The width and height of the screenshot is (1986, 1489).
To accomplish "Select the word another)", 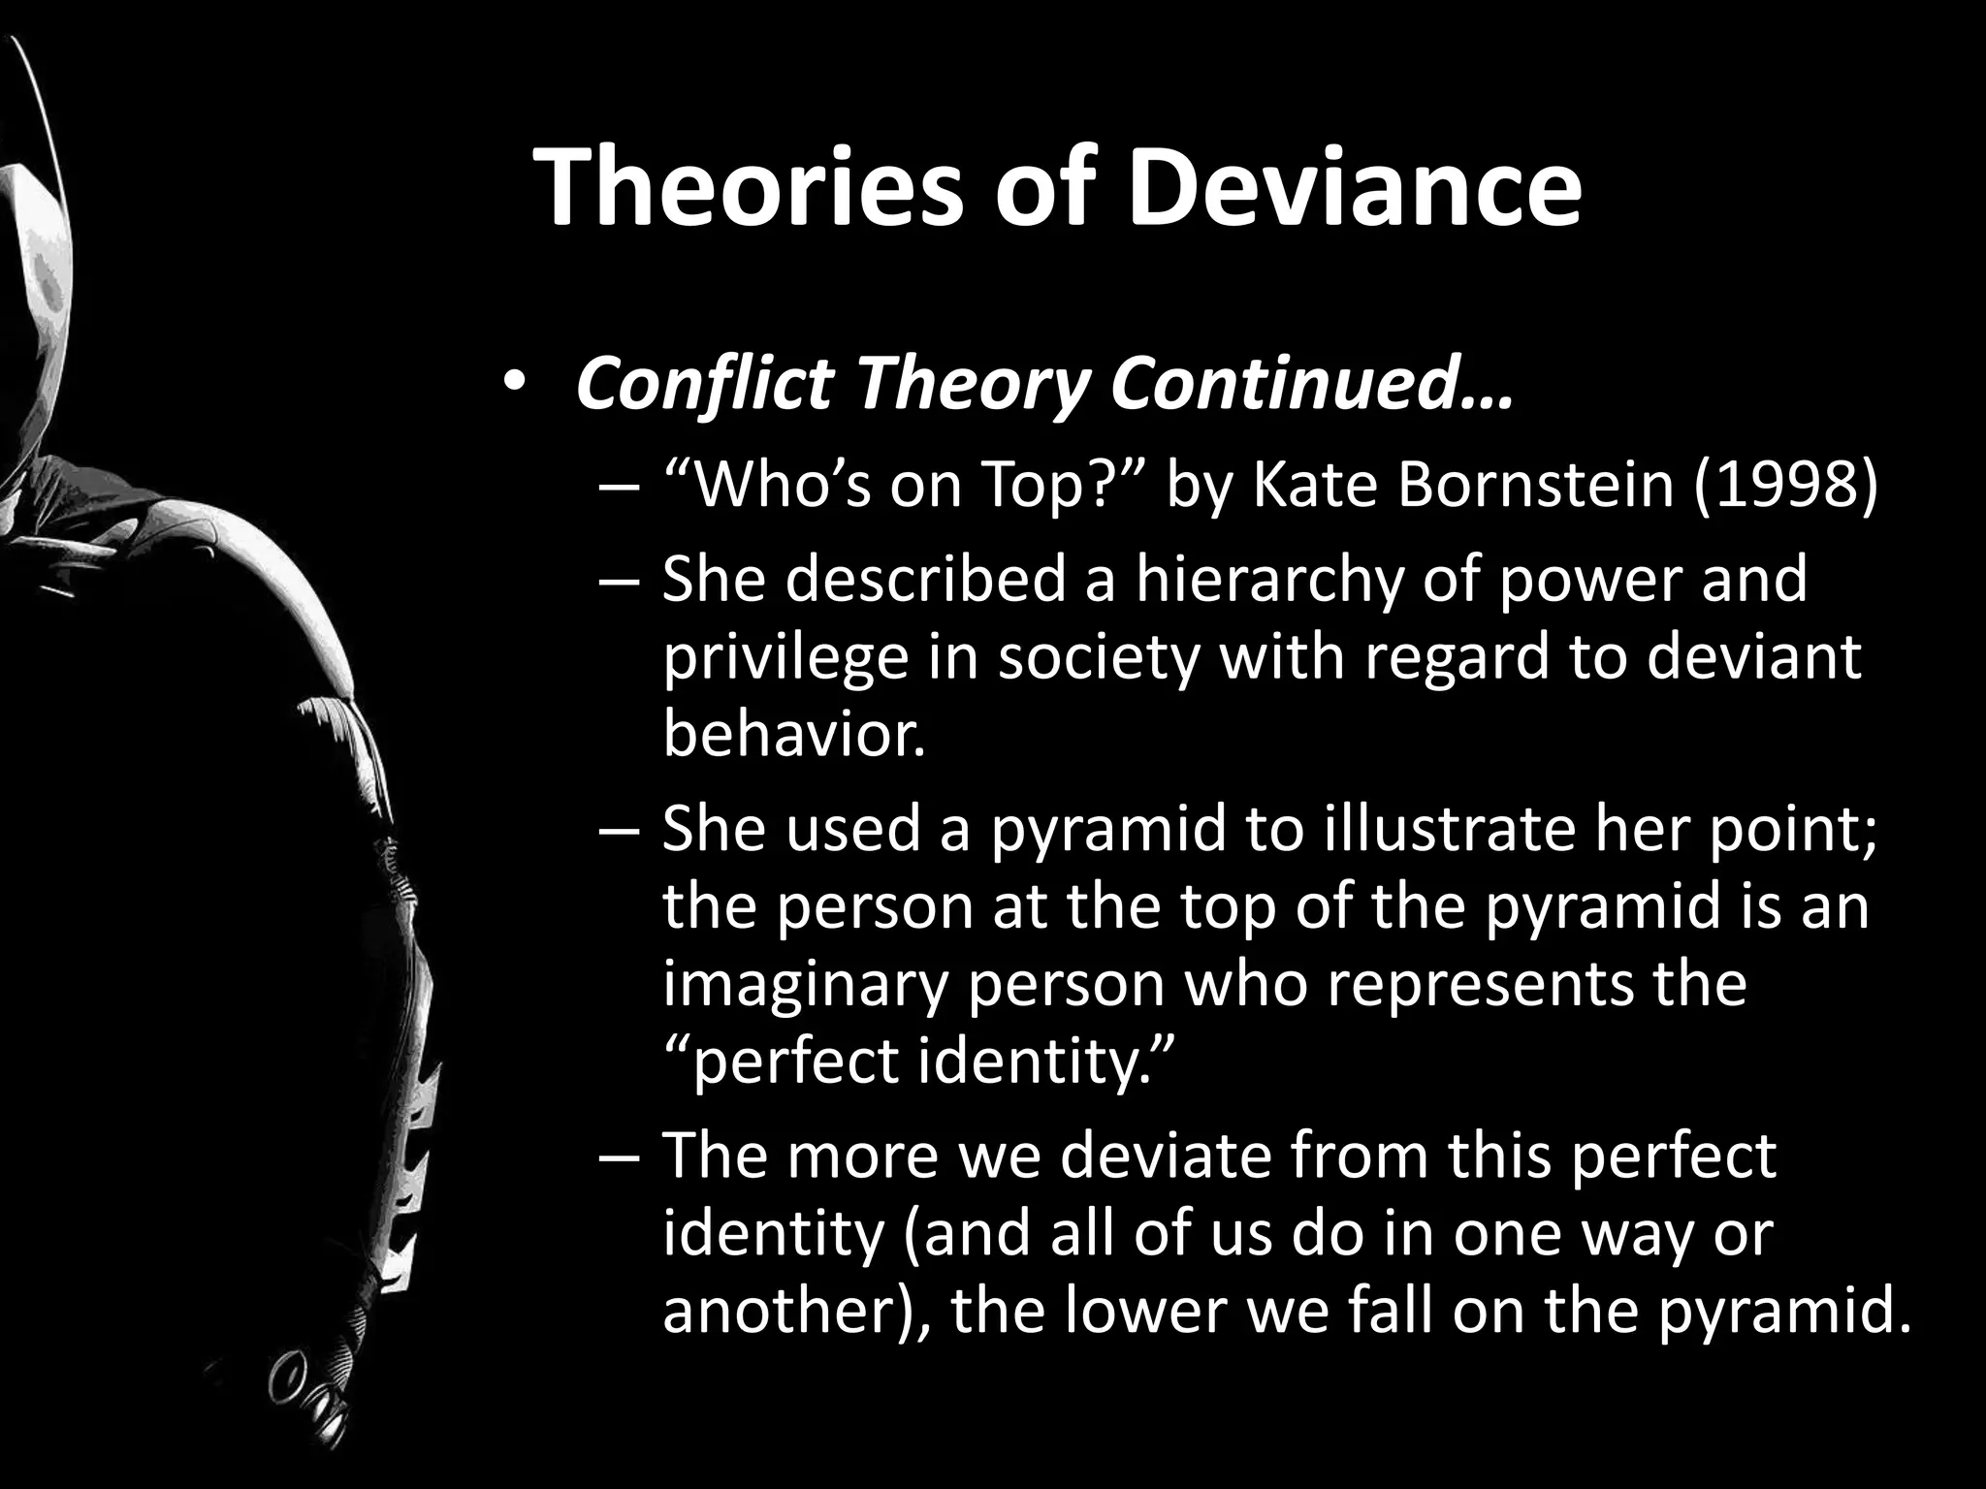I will click(x=794, y=1314).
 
